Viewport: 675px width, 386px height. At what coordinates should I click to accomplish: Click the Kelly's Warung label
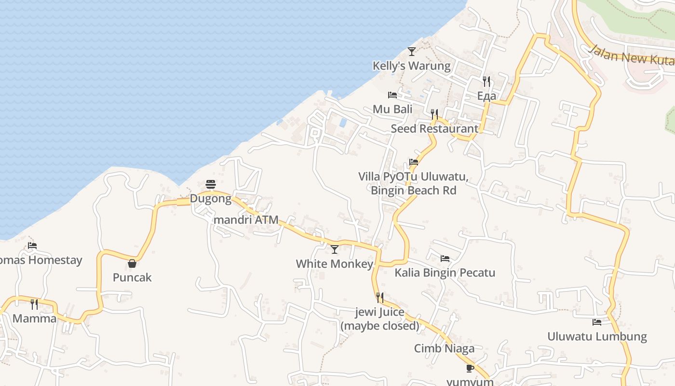pos(411,66)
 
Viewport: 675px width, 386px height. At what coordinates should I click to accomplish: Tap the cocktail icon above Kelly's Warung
pos(411,51)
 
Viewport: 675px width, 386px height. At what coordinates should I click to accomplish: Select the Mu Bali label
pos(392,109)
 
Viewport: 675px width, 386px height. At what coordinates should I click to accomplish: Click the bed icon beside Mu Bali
pos(392,95)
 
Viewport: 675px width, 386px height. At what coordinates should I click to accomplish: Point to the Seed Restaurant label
pos(434,128)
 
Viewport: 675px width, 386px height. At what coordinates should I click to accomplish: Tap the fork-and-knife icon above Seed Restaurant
pos(434,114)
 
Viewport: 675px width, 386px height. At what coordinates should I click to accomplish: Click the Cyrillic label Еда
pos(486,96)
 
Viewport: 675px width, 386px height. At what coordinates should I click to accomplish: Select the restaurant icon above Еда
pos(486,82)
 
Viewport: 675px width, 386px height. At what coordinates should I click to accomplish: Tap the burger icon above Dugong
pos(211,184)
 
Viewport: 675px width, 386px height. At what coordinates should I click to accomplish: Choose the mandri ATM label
pos(246,220)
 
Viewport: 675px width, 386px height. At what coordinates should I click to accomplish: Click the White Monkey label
pos(335,263)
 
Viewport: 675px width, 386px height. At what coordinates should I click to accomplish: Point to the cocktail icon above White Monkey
pos(335,249)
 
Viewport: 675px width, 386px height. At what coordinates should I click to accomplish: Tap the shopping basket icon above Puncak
pos(132,263)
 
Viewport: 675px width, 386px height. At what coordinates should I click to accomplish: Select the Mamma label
pos(34,318)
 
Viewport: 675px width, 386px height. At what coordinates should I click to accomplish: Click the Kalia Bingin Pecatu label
pos(445,273)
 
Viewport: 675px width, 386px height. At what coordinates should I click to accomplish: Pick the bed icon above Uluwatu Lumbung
pos(597,322)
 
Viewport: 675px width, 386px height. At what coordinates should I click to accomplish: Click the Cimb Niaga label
pos(444,348)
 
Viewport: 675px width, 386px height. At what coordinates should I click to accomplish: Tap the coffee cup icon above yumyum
pos(470,369)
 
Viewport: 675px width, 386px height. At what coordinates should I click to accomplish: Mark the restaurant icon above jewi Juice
pos(380,298)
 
